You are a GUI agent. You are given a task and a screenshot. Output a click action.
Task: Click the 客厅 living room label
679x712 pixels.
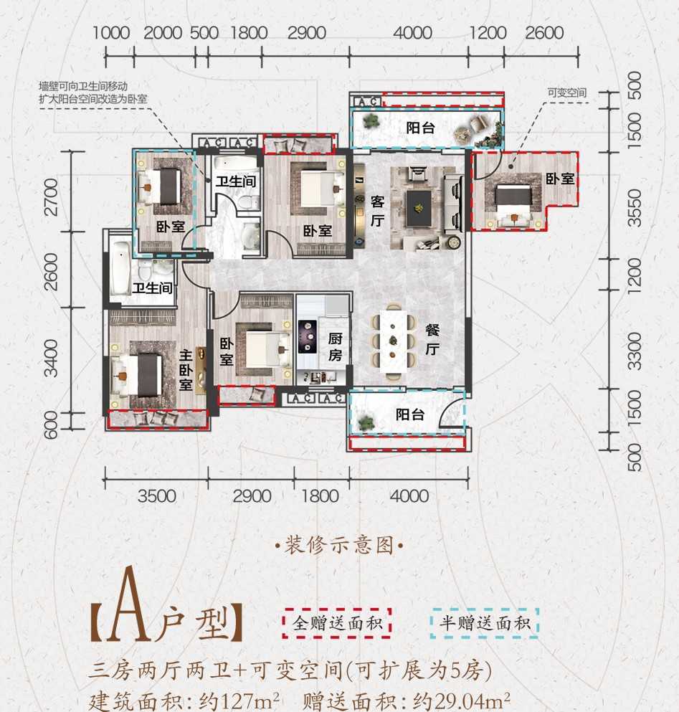pos(377,211)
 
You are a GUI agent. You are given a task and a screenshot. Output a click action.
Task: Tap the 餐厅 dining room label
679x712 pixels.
pos(432,339)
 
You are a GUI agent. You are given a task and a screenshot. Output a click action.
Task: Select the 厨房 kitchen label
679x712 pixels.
pos(335,347)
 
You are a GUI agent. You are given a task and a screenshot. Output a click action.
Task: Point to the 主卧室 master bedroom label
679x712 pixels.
pos(185,369)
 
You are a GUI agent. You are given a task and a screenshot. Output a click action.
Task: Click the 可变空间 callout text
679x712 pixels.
pos(567,93)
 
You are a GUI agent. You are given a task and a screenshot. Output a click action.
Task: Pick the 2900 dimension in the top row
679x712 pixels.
pos(307,33)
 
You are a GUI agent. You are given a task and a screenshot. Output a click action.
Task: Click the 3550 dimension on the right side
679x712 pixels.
pos(634,208)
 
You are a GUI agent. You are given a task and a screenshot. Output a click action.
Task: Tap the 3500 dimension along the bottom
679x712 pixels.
pos(157,496)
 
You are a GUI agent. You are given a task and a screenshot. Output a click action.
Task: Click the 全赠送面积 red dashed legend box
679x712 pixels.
pos(336,623)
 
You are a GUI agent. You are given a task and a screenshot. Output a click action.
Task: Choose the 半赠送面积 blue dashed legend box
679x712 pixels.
pos(485,623)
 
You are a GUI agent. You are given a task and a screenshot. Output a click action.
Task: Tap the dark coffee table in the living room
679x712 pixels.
pos(419,208)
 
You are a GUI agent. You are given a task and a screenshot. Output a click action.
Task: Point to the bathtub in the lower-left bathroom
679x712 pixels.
pos(120,269)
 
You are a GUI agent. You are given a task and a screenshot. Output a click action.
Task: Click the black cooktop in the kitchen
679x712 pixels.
pos(308,336)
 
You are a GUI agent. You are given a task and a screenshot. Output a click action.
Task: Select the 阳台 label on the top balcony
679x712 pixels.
pos(420,128)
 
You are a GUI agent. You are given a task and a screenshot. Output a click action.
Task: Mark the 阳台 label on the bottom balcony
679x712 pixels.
pos(410,414)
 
